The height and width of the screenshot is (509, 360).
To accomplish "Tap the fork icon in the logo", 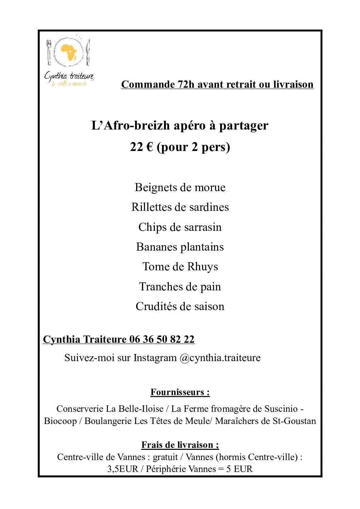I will pos(49,53).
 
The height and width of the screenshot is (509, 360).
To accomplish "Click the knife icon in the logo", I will pos(88,53).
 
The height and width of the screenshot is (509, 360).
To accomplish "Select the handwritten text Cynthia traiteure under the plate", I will pos(69,76).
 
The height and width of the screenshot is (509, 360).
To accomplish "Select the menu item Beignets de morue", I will pos(180,187).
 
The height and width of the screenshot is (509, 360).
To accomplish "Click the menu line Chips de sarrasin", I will pos(180,227).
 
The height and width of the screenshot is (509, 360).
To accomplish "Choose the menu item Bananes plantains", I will pos(180,247).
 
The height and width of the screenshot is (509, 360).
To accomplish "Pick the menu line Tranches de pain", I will pos(180,287).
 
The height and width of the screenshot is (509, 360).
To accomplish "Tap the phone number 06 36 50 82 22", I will pos(162,339).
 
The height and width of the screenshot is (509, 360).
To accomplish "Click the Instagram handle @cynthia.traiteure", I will pos(220,358).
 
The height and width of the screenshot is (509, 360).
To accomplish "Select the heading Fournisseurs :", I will pos(180,392).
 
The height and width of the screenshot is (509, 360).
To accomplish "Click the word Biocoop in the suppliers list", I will pos(60,421).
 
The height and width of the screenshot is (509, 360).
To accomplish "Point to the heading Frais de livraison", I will pos(180,445).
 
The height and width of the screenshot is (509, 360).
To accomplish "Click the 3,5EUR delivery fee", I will pos(123,469).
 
